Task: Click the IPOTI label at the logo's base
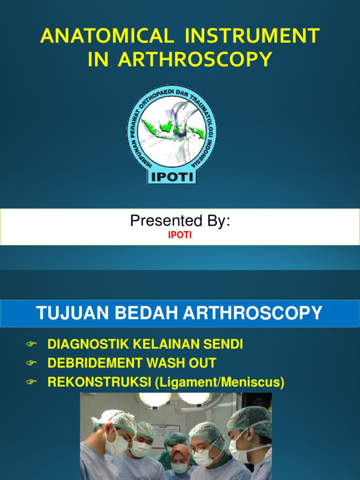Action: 172,177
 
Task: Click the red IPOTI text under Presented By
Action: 180,236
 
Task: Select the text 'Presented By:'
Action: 180,221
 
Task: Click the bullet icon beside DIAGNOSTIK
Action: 31,345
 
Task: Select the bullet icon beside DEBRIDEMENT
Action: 31,363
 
